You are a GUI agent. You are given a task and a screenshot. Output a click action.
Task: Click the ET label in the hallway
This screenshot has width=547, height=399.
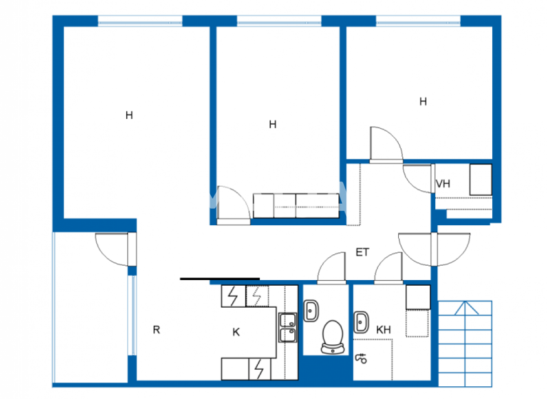pyautogui.click(x=362, y=252)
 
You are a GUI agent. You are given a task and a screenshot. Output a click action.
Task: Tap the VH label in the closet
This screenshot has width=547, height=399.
pyautogui.click(x=443, y=184)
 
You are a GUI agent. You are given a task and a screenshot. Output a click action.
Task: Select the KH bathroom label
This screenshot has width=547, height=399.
pyautogui.click(x=383, y=330)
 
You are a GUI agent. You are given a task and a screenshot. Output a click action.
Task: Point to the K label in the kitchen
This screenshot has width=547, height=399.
pyautogui.click(x=236, y=331)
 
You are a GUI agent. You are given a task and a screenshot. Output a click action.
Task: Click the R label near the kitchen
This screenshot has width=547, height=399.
pyautogui.click(x=156, y=330)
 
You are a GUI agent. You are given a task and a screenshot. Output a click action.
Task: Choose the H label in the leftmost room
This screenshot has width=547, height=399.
pyautogui.click(x=129, y=115)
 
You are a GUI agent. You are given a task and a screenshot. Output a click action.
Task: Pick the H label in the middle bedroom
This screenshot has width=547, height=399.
pyautogui.click(x=272, y=124)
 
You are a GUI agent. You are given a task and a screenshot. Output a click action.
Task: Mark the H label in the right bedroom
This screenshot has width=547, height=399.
pyautogui.click(x=423, y=102)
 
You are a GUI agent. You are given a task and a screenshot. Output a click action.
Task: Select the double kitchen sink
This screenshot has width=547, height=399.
pyautogui.click(x=288, y=328)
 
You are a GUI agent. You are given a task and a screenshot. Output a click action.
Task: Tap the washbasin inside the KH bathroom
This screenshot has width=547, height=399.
pyautogui.click(x=360, y=321)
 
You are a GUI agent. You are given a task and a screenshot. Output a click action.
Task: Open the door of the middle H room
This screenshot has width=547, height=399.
pyautogui.click(x=232, y=205)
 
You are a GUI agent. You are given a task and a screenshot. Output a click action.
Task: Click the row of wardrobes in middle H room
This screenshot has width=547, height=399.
pyautogui.click(x=296, y=205)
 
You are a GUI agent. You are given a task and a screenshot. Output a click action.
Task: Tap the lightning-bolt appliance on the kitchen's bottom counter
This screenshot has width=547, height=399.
pyautogui.click(x=259, y=368)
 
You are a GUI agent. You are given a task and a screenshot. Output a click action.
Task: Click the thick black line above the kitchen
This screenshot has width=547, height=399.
pyautogui.click(x=219, y=279)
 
